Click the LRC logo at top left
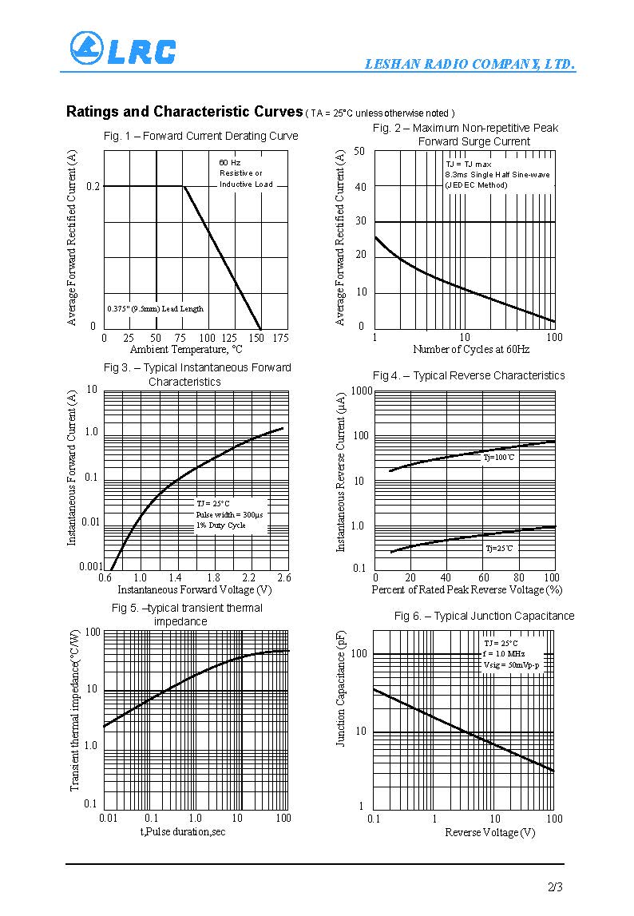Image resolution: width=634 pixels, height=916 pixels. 122,49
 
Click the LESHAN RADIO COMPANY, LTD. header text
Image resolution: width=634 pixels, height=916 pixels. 470,65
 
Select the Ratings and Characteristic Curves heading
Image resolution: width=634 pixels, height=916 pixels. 184,112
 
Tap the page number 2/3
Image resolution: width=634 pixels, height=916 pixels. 556,887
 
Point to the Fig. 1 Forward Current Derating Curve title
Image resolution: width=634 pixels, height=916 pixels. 201,136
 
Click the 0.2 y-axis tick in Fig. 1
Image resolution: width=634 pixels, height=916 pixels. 93,186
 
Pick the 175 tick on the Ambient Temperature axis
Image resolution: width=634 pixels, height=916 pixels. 280,338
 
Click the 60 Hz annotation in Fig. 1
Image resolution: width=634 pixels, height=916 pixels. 230,162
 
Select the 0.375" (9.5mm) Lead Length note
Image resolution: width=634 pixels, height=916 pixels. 156,309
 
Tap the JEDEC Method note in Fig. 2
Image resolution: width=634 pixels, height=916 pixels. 476,185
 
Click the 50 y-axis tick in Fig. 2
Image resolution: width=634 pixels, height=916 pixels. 359,151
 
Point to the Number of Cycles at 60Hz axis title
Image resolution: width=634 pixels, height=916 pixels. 471,349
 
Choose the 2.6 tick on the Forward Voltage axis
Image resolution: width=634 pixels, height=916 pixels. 283,577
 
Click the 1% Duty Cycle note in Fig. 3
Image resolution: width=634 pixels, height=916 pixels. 221,525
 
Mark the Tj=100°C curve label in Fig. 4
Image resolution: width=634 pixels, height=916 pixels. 499,458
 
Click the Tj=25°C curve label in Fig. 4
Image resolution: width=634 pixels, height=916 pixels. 500,549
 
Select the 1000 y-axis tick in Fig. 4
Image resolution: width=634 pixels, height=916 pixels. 362,390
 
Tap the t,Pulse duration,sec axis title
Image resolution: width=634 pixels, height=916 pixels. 183,831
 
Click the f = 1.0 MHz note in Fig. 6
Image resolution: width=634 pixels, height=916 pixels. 504,653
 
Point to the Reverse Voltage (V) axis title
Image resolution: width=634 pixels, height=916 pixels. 489,833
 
